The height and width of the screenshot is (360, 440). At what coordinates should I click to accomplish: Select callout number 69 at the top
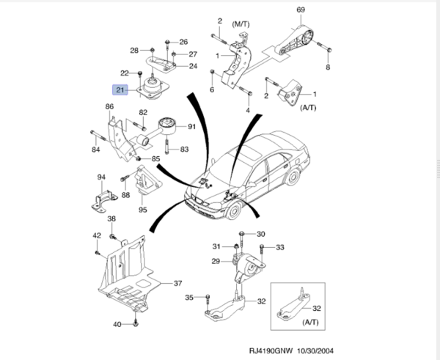[300, 10]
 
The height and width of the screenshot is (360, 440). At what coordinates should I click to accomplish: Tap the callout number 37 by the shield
[177, 283]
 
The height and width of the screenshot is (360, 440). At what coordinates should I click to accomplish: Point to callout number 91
[192, 127]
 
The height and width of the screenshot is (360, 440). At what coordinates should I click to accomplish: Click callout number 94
[102, 177]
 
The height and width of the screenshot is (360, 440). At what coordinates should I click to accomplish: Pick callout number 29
[216, 262]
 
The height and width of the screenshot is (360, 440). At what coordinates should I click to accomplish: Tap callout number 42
[96, 235]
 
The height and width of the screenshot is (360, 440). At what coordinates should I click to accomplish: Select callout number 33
[279, 247]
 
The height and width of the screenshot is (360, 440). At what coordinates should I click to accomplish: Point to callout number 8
[328, 67]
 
